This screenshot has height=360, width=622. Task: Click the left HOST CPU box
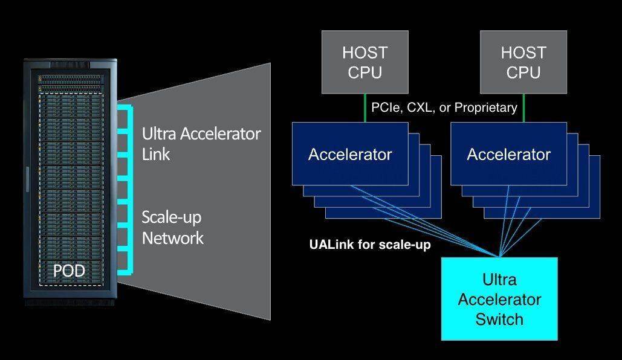pos(365,62)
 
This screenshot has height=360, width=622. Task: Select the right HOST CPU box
pos(523,62)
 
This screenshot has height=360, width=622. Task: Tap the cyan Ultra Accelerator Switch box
pos(499,299)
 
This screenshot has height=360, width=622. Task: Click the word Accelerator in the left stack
pos(350,154)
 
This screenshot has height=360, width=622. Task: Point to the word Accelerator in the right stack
pos(508,154)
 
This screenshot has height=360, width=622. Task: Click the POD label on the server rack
pos(69,271)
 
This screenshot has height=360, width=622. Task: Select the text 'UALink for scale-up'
pos(370,244)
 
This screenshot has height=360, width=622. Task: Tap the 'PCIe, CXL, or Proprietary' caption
pos(444,108)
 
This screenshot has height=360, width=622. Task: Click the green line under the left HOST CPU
pos(365,108)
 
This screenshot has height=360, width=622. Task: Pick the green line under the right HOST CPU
pos(523,108)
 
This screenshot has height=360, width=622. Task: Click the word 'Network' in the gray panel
pos(172,238)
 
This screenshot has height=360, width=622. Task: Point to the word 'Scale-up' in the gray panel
pos(172,217)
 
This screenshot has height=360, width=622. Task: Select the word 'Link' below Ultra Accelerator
pos(156,154)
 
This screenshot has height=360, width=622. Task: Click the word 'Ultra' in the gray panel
pos(158,133)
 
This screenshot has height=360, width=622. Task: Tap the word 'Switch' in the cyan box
pos(499,319)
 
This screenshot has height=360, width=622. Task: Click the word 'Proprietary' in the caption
pos(486,108)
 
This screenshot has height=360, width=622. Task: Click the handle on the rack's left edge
pos(27,179)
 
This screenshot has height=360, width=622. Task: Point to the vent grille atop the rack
pos(70,65)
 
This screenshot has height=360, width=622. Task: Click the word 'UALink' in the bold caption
pos(331,244)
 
